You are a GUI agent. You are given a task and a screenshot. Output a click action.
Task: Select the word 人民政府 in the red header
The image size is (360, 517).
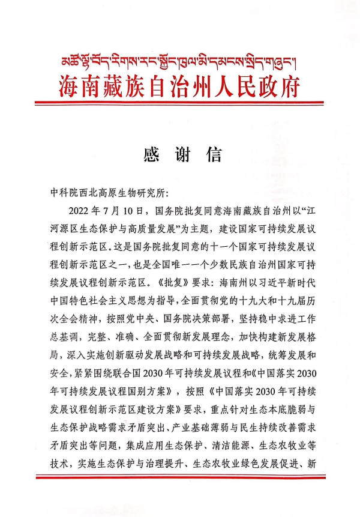tap(251, 86)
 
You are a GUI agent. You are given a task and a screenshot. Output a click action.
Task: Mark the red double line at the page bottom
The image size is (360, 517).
tap(180, 478)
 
